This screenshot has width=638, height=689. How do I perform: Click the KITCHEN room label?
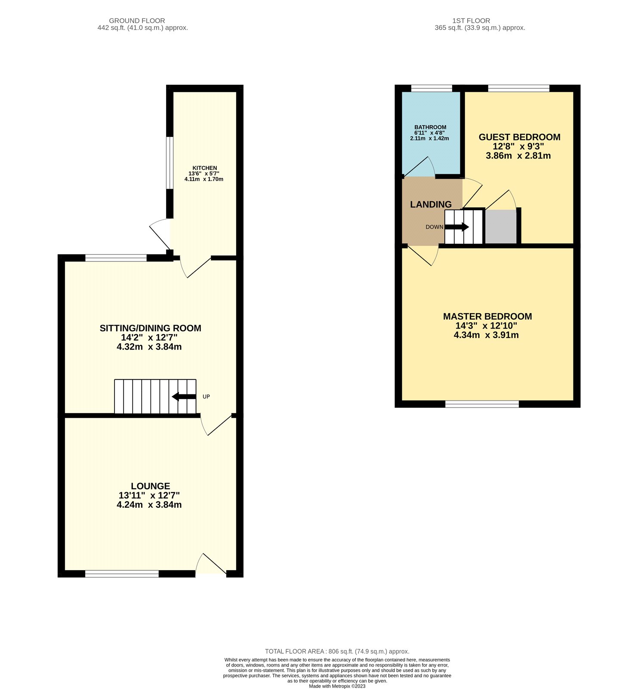204,168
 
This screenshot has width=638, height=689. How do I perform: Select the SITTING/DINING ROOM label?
150,328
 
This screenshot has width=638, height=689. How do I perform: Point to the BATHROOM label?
430,127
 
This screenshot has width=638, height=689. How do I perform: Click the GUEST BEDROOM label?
519,137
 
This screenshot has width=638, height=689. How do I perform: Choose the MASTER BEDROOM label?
487,317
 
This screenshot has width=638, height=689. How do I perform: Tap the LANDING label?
431,205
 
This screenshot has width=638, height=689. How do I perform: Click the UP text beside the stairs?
206,397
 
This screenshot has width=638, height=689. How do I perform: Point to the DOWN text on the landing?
434,227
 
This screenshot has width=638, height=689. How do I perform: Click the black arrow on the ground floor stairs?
184,397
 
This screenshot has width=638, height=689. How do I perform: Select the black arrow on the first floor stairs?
457,227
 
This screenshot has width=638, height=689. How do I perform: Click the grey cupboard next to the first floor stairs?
501,227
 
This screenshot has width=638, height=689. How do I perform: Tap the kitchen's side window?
170,163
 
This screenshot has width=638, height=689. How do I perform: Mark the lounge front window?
122,574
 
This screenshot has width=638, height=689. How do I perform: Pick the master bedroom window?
482,404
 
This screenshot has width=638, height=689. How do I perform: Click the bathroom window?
431,88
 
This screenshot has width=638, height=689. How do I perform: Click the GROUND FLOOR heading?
137,21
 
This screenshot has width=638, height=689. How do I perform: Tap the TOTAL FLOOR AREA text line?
337,652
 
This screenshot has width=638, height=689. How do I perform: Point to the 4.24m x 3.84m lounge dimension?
149,505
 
